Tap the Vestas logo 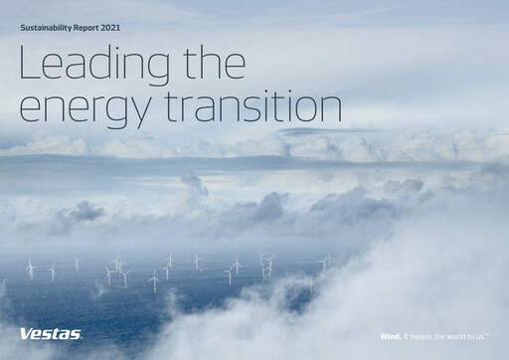tap(50, 334)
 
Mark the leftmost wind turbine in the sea tap(30, 268)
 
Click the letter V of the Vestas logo tap(25, 334)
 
